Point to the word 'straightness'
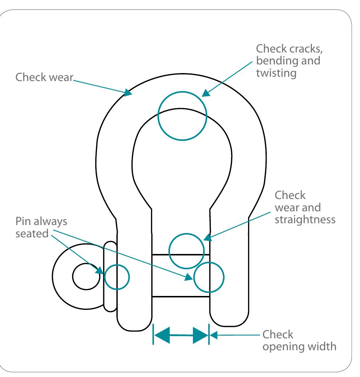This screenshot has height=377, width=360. click(305, 220)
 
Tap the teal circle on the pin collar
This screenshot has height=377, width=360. click(117, 277)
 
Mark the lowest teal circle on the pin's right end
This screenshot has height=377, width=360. click(209, 277)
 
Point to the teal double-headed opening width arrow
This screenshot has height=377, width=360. click(181, 335)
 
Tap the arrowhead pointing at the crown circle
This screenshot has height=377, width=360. click(205, 94)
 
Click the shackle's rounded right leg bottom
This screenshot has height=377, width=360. click(230, 318)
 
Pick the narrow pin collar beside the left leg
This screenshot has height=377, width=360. click(110, 277)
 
